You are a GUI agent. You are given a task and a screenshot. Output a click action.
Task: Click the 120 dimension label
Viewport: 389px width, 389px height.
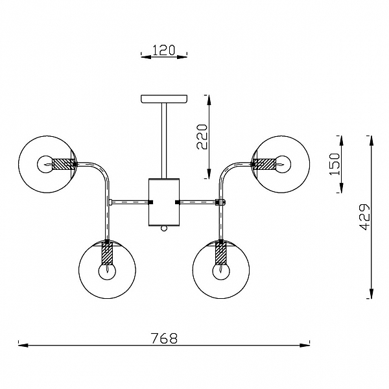(x=164, y=51)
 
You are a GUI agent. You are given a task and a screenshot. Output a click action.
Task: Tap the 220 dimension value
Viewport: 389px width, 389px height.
(x=202, y=137)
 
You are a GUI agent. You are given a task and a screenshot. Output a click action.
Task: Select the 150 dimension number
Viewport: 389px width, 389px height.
(x=335, y=164)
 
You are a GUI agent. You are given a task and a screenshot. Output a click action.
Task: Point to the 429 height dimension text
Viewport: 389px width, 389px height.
(x=364, y=217)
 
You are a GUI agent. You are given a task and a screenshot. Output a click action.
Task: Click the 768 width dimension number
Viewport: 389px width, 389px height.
(x=164, y=338)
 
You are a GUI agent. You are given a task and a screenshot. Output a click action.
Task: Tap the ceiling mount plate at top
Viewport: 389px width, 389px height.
(x=164, y=99)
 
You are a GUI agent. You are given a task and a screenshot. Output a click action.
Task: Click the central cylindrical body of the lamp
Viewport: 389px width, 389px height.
(x=164, y=202)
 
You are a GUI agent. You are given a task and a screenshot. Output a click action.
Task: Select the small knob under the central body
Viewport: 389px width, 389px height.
(x=163, y=228)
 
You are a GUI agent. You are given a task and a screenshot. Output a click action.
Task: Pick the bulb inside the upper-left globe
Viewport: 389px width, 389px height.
(x=45, y=164)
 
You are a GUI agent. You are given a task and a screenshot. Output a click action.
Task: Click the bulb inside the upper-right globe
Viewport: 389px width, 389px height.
(x=283, y=164)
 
